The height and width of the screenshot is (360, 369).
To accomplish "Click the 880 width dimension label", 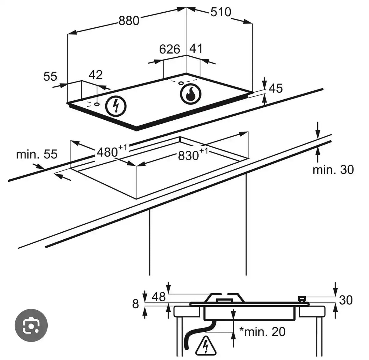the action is point(129,21).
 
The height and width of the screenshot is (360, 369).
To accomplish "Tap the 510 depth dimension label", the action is point(221,12).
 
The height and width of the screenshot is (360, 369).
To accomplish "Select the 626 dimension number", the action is point(169,49).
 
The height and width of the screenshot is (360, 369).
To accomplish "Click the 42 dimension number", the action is point(96,75).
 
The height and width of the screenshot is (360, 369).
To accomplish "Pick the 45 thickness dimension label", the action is point(276,88).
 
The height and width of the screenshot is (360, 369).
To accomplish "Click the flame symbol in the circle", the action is point(190,94).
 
